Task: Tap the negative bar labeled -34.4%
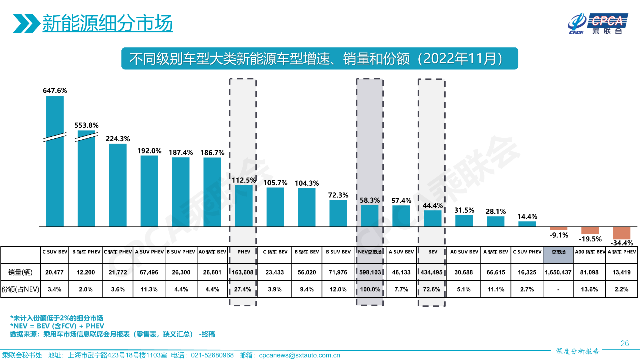coord(622,233)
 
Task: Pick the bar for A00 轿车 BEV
coord(590,230)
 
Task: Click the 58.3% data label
coord(370,200)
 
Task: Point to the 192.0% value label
coord(149,151)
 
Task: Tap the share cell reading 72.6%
coord(432,289)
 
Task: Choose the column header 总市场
coord(558,252)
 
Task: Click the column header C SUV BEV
coord(55,252)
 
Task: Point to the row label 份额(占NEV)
coord(20,289)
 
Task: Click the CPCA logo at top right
coord(597,24)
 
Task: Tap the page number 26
coord(624,343)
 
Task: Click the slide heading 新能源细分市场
coord(107,23)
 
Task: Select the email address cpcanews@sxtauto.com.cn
coord(299,355)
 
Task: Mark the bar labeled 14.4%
coord(527,224)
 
